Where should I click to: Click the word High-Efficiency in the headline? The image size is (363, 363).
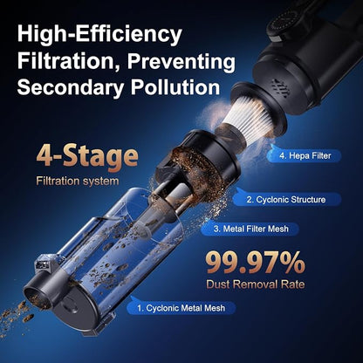pos(99,35)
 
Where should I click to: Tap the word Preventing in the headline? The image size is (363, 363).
pos(181,61)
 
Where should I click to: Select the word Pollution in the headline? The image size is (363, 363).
pos(175,86)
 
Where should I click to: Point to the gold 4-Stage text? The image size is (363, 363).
pos(87,157)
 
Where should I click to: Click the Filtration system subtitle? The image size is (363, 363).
pos(78,181)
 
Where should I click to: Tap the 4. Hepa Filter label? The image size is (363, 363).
pos(305,155)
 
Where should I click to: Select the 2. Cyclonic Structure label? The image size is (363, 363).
pos(286,200)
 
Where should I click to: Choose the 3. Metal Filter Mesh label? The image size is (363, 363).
pos(251,229)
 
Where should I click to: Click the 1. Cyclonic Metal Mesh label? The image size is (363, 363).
pos(181,308)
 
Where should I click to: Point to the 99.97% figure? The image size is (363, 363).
pos(256,263)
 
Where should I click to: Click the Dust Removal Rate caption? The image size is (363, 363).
pos(256,284)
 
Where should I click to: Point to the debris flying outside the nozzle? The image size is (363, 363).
pos(16,318)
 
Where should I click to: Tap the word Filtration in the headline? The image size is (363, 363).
pos(68,61)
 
